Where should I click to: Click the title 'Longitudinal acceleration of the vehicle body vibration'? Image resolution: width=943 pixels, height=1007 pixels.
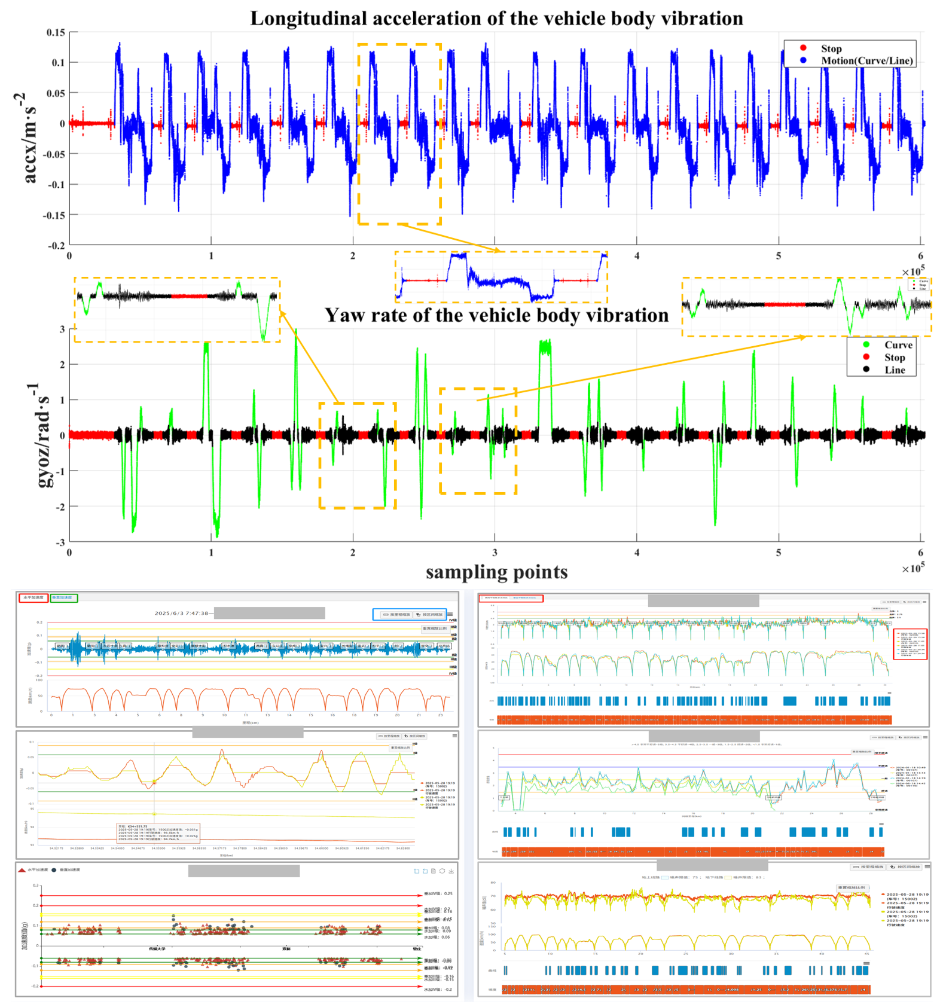point(496,19)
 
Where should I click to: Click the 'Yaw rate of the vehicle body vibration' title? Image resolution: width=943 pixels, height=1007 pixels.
point(496,315)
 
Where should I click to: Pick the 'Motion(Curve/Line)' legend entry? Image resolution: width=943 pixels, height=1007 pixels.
point(866,60)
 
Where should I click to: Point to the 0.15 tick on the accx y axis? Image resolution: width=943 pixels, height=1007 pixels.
point(56,32)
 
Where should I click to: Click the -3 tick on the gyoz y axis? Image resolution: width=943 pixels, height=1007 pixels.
point(60,542)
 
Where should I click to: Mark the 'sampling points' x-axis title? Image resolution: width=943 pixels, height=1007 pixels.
point(496,572)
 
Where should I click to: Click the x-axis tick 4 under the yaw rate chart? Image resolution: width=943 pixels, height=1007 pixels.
point(637,553)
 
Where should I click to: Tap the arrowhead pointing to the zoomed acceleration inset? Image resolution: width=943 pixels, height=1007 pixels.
point(496,250)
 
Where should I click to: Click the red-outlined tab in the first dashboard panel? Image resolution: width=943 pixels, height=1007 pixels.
point(33,598)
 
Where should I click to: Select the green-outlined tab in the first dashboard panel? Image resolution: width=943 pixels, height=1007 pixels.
point(63,598)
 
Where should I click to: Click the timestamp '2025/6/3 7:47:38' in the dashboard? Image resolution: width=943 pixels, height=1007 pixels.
point(181,613)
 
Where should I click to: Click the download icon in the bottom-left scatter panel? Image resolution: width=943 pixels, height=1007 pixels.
point(451,871)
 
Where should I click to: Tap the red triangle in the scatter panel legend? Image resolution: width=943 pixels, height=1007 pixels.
point(22,870)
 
